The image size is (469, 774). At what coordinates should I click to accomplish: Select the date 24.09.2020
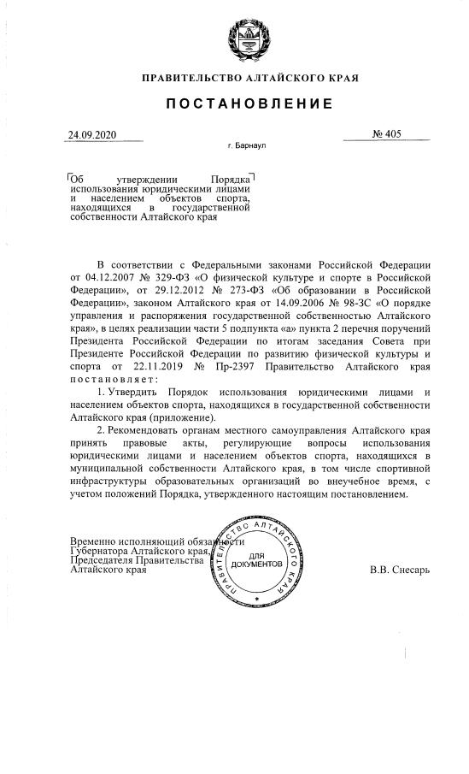tap(91, 135)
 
